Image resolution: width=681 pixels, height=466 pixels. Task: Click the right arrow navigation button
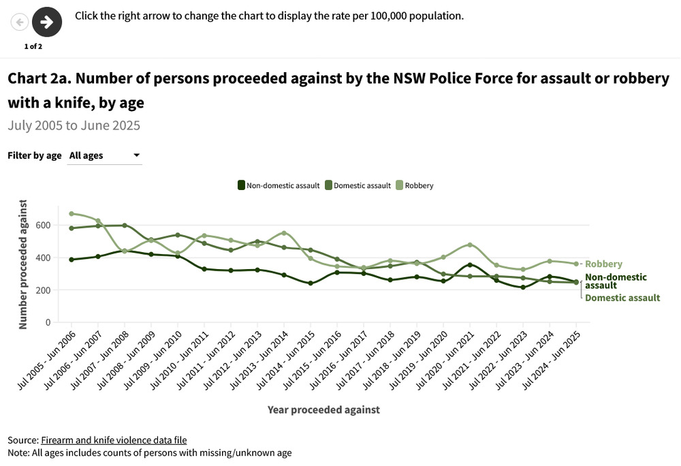47,22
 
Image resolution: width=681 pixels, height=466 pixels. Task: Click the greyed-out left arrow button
20,22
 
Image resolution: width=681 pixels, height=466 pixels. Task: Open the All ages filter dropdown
105,155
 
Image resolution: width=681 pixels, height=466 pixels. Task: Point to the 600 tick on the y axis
42,225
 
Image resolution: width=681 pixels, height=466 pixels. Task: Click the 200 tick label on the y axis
42,290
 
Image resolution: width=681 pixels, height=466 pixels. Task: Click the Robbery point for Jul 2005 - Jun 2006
72,214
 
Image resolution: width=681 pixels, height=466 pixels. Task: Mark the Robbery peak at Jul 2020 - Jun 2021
470,245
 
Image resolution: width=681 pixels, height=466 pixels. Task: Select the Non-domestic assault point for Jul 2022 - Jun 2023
523,288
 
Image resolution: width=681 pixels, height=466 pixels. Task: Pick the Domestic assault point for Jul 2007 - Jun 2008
125,226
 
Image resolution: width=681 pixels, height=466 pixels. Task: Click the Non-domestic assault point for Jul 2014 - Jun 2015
311,283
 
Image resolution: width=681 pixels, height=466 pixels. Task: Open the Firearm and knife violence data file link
114,440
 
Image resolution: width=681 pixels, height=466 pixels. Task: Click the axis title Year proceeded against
323,409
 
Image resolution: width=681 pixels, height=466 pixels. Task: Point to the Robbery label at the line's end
603,264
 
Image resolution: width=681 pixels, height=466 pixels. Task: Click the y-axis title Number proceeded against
23,264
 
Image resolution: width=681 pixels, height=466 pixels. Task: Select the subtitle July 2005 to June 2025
74,125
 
